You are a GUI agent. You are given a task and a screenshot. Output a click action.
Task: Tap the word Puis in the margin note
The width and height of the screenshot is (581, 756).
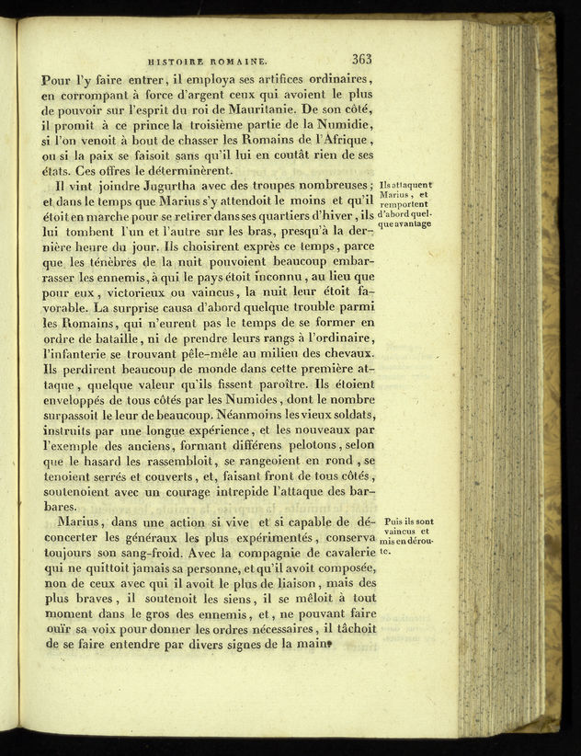pos(395,521)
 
